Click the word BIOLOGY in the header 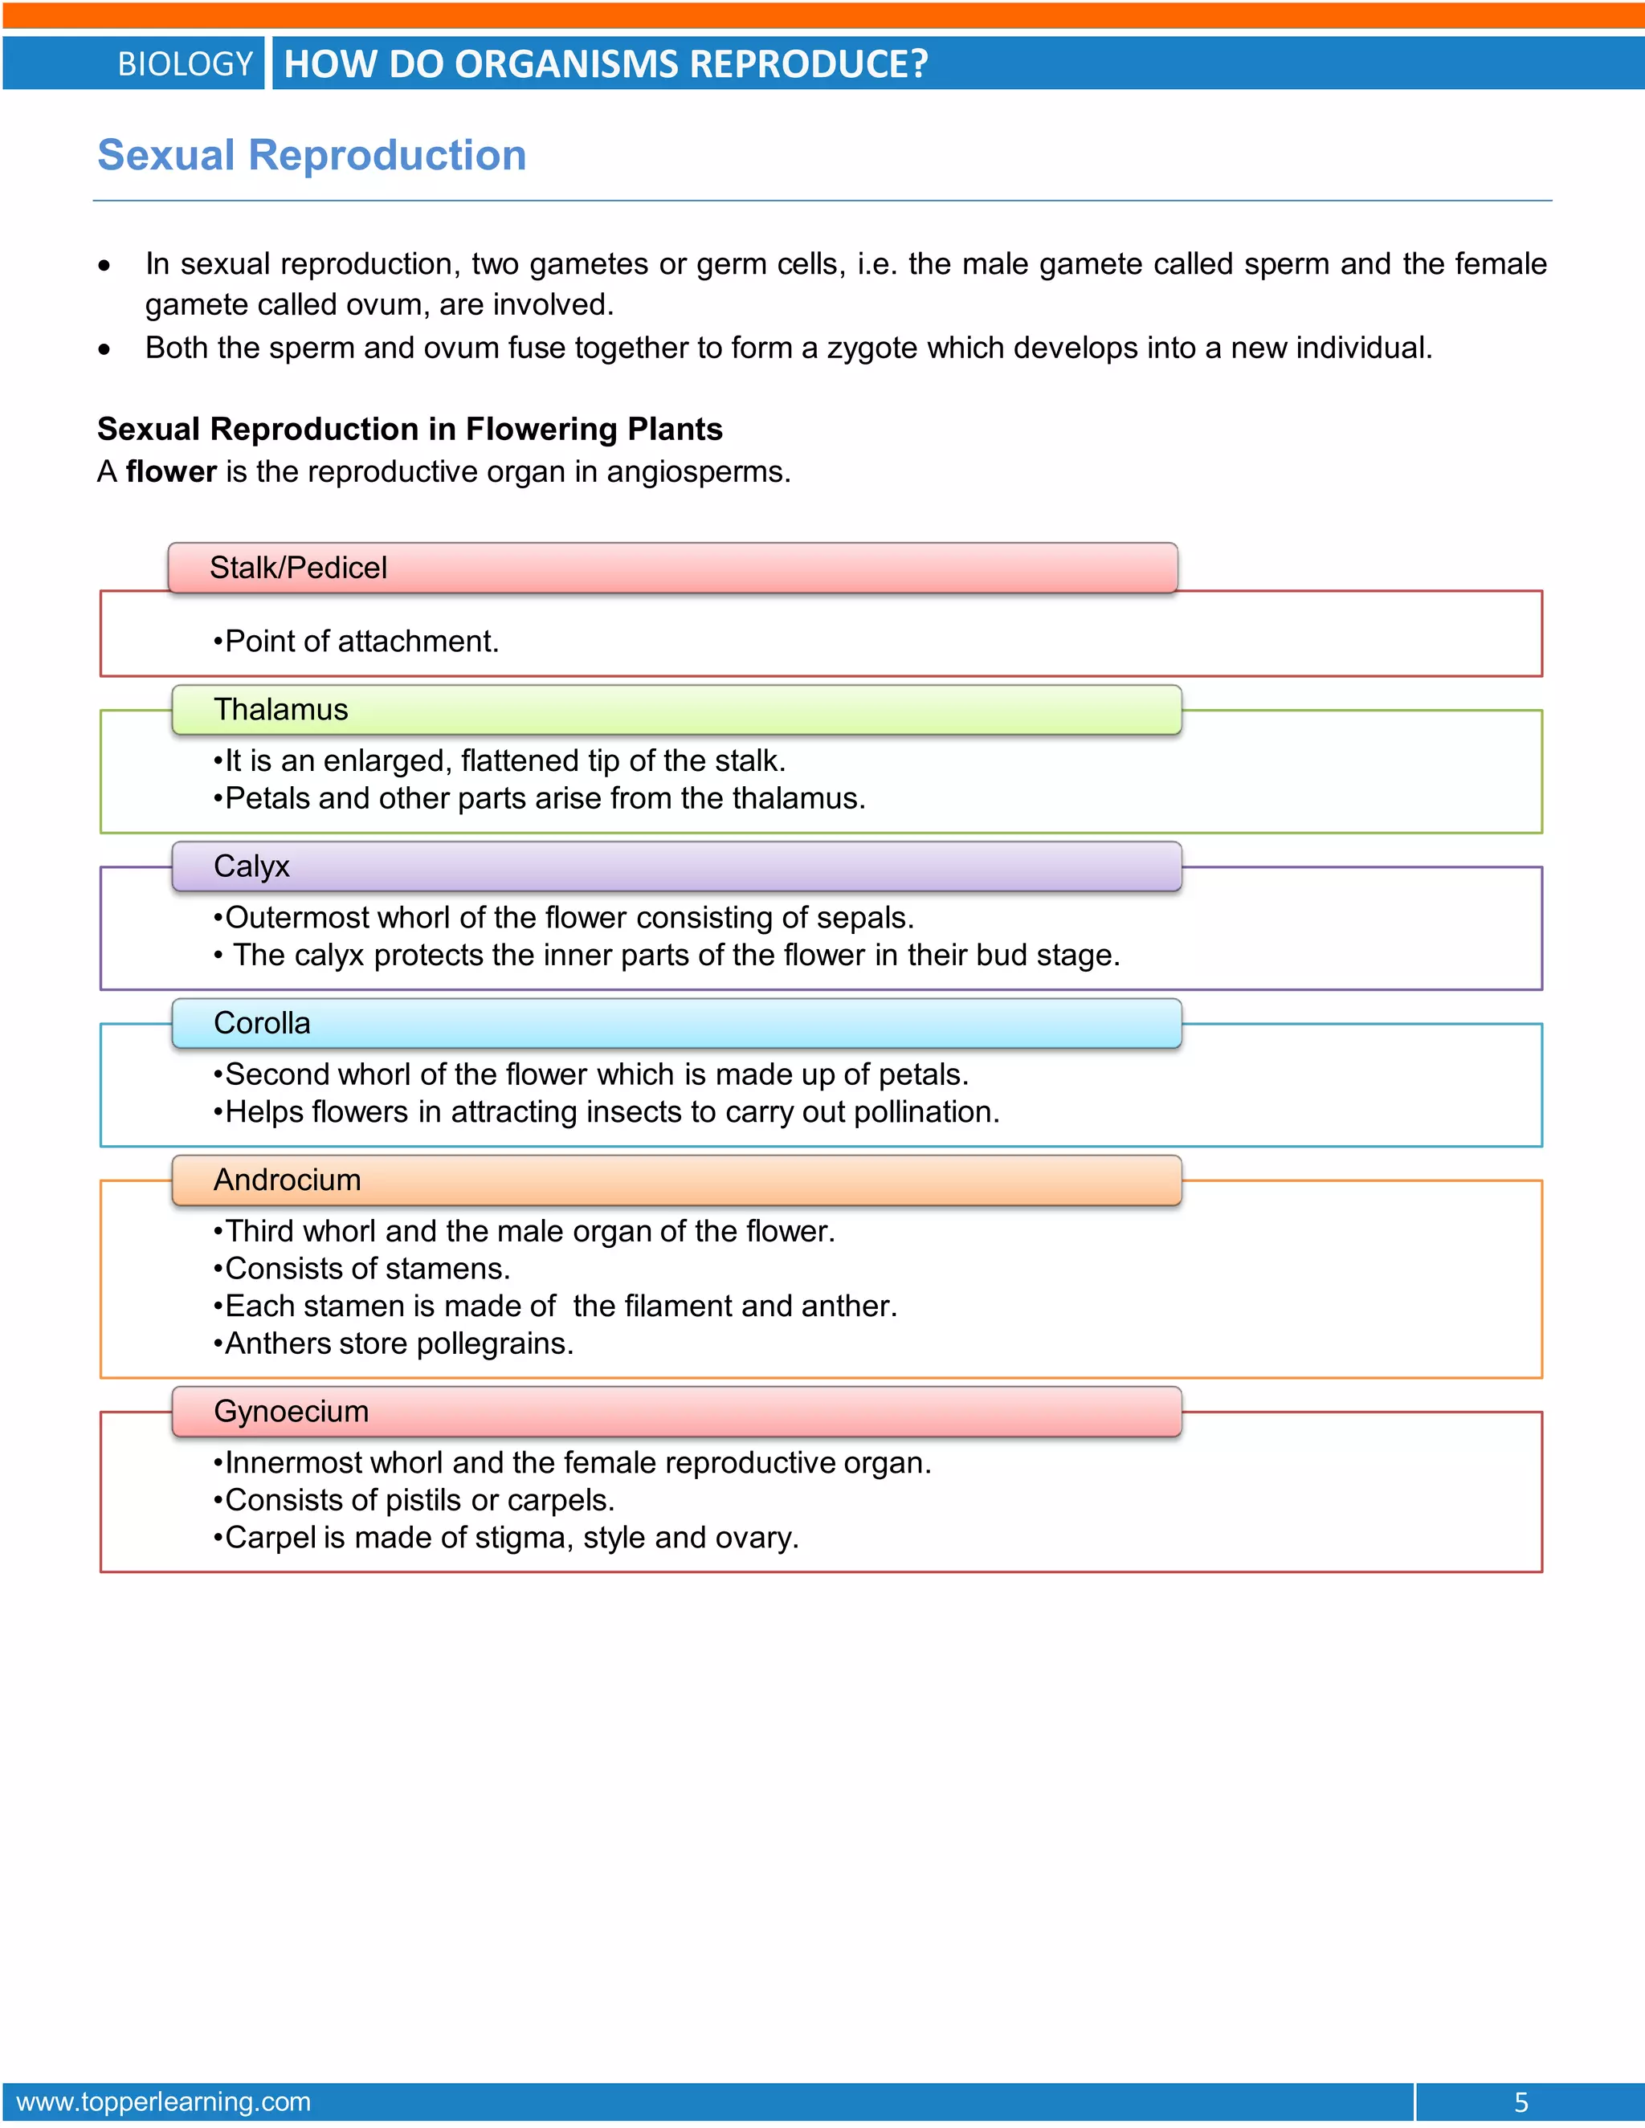pyautogui.click(x=186, y=64)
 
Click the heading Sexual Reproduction pyautogui.click(x=312, y=156)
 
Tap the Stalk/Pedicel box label pyautogui.click(x=298, y=567)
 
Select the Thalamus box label pyautogui.click(x=280, y=709)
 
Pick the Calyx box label pyautogui.click(x=251, y=866)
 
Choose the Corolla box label pyautogui.click(x=262, y=1023)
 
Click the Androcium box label pyautogui.click(x=288, y=1180)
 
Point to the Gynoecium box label pyautogui.click(x=292, y=1412)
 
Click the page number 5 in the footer pyautogui.click(x=1521, y=2102)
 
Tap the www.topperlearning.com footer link pyautogui.click(x=164, y=2102)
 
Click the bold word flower pyautogui.click(x=172, y=471)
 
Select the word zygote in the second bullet pyautogui.click(x=872, y=348)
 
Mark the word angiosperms pyautogui.click(x=698, y=471)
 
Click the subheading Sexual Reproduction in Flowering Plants pyautogui.click(x=410, y=429)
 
